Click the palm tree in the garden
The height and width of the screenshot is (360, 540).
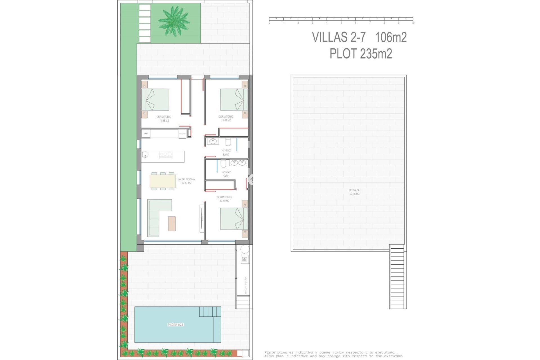pos(174,21)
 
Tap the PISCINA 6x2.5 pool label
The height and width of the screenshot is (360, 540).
pos(175,325)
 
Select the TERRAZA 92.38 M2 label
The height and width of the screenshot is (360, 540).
pos(354,192)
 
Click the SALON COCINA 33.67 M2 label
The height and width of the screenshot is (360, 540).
pos(186,181)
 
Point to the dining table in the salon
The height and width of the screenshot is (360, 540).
pos(163,181)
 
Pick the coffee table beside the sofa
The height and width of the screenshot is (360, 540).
pos(172,224)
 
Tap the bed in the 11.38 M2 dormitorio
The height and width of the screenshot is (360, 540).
pos(155,100)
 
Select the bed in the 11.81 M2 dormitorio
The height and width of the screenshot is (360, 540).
pos(234,100)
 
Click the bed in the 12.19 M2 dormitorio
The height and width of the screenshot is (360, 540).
pos(234,219)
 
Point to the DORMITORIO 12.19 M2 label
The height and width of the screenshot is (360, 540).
pos(224,199)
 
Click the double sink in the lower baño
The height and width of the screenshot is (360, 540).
pos(238,163)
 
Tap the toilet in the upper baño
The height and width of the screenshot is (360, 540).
pos(228,141)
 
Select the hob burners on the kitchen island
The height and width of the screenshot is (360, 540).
pos(166,154)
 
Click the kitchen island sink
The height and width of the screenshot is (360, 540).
pos(145,154)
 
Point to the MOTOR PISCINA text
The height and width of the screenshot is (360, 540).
pos(246,285)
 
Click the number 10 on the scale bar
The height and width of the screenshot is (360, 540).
pos(413,23)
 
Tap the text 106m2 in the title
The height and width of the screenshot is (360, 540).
pos(391,37)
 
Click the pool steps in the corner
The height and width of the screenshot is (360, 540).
pos(210,312)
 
